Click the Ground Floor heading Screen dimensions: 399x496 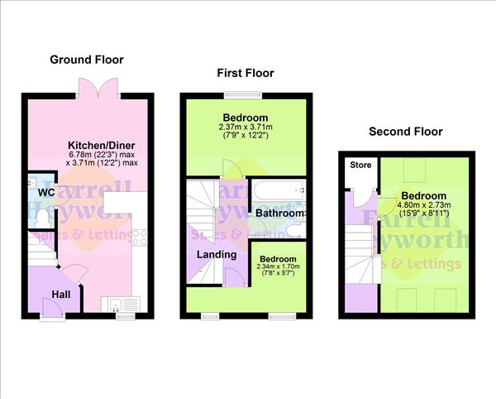pyautogui.click(x=87, y=60)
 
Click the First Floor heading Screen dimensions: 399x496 pyautogui.click(x=246, y=74)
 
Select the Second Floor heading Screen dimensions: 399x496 pyautogui.click(x=406, y=132)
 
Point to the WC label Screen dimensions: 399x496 pyautogui.click(x=45, y=192)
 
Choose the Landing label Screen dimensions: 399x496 pyautogui.click(x=216, y=254)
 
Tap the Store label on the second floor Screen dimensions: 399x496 pyautogui.click(x=360, y=165)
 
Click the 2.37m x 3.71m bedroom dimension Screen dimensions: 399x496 pyautogui.click(x=246, y=127)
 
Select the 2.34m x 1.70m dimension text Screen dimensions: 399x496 pyautogui.click(x=278, y=267)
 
